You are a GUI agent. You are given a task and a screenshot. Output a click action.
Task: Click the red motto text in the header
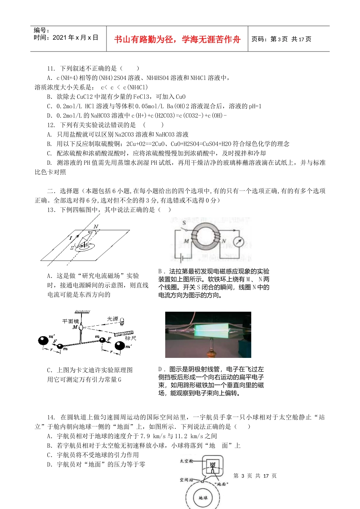pos(177,39)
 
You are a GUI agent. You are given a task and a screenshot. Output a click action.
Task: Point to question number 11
pos(51,69)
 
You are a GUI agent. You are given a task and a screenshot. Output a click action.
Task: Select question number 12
pos(51,125)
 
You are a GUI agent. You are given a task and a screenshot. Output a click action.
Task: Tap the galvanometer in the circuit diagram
pos(239,242)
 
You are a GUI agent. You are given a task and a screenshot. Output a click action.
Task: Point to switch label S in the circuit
pos(185,223)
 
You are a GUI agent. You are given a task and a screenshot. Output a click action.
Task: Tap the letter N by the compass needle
pos(96,227)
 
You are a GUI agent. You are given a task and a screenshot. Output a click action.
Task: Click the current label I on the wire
pos(70,238)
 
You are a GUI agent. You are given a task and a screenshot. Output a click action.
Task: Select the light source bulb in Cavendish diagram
pos(122,323)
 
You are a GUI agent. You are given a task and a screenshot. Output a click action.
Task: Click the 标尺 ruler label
pos(130,338)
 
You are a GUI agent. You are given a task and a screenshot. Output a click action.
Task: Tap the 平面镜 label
pos(71,321)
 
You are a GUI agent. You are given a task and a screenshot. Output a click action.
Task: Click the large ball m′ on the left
pos(44,340)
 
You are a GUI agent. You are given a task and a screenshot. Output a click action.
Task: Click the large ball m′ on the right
pos(120,346)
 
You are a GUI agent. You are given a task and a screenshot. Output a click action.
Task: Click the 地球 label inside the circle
pos(203,498)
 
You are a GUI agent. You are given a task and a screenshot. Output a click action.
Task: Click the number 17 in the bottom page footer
pos(266,476)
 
